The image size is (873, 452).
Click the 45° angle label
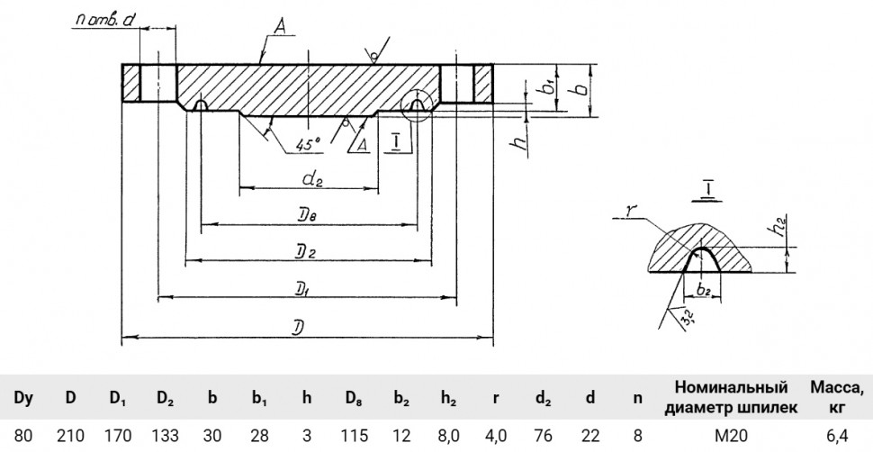pos(309,144)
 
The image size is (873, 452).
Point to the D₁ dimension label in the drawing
pos(309,289)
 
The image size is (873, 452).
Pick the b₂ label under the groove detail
pos(703,288)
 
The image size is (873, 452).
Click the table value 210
pos(71,435)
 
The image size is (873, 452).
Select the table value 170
pos(118,435)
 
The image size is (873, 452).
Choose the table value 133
pos(166,435)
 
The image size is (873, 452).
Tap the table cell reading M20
pos(732,435)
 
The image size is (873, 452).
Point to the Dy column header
pos(23,398)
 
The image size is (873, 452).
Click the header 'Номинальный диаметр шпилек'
pos(732,397)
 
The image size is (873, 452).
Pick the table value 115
pos(355,435)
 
